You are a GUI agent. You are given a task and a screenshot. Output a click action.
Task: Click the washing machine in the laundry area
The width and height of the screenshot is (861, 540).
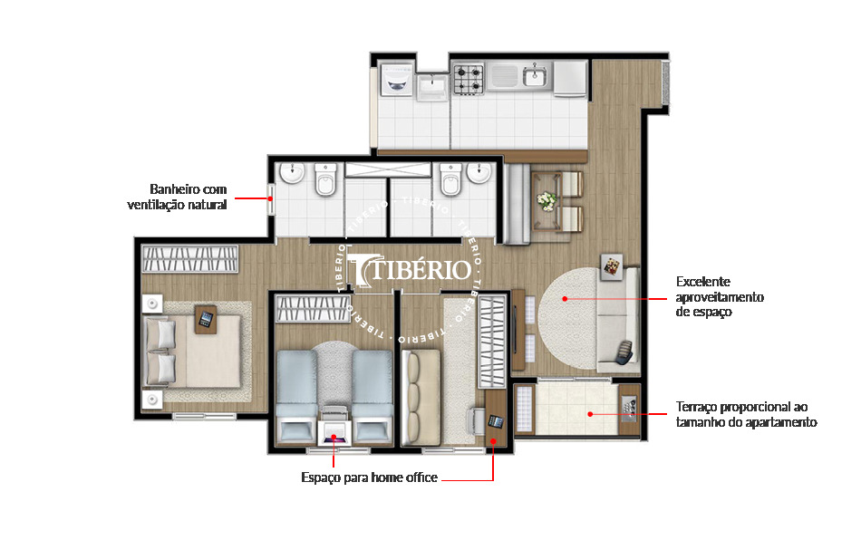[x=395, y=79]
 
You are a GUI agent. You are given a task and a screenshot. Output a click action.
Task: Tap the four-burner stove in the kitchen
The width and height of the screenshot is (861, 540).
[x=469, y=79]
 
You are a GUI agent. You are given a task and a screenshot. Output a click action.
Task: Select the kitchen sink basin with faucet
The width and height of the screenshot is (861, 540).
[x=535, y=76]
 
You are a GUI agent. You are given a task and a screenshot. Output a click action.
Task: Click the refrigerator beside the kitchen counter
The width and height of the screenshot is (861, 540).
[x=570, y=78]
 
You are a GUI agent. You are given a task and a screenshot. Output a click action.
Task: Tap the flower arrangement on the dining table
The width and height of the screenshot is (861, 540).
[x=547, y=200]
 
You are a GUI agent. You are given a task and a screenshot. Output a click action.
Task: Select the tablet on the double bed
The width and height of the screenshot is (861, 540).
[x=206, y=318]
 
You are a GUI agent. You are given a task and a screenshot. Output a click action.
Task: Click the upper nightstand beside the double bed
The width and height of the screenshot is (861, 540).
[x=150, y=302]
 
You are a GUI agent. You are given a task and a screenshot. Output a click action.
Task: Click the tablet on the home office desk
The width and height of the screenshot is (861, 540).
[x=496, y=421]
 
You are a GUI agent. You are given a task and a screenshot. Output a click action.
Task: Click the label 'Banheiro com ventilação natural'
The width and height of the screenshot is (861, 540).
[x=178, y=197]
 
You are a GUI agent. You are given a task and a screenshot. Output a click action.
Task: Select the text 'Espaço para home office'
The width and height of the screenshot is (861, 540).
[x=369, y=477]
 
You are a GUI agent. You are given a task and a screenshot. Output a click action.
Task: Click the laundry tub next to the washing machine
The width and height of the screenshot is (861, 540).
[x=432, y=85]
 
